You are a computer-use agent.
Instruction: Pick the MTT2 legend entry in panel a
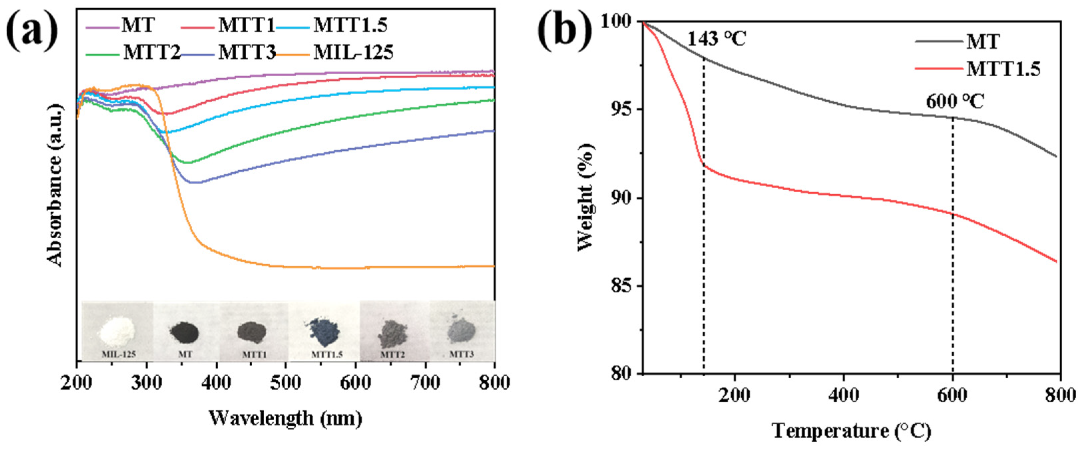(x=152, y=53)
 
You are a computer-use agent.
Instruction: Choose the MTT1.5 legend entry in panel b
(x=1003, y=69)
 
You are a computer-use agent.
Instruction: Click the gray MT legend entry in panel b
(x=983, y=42)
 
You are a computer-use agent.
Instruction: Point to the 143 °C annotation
(x=716, y=39)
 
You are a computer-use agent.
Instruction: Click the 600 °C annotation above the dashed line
(x=955, y=102)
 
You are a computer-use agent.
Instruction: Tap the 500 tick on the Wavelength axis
(x=285, y=383)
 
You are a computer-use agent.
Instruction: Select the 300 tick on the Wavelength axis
(x=146, y=383)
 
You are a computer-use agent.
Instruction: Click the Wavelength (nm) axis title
(x=285, y=418)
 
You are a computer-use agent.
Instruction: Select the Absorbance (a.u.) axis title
(x=55, y=185)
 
